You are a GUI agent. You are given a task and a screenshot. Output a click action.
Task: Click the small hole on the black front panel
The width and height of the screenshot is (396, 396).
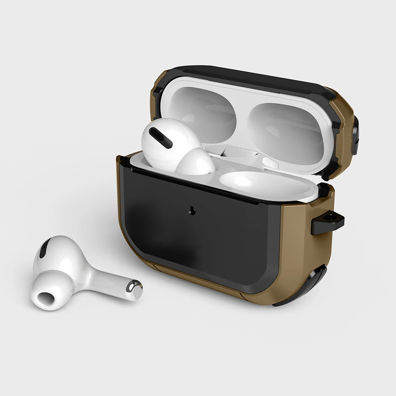point(193,211)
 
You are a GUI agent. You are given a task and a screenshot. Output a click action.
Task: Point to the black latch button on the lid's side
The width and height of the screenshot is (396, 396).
point(355,135)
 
